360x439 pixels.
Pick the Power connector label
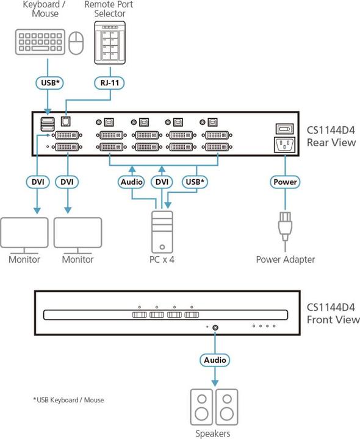click(x=284, y=182)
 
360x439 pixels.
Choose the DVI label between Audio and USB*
click(x=162, y=182)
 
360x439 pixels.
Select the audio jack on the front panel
click(x=217, y=327)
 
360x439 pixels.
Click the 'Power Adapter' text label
click(x=285, y=259)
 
